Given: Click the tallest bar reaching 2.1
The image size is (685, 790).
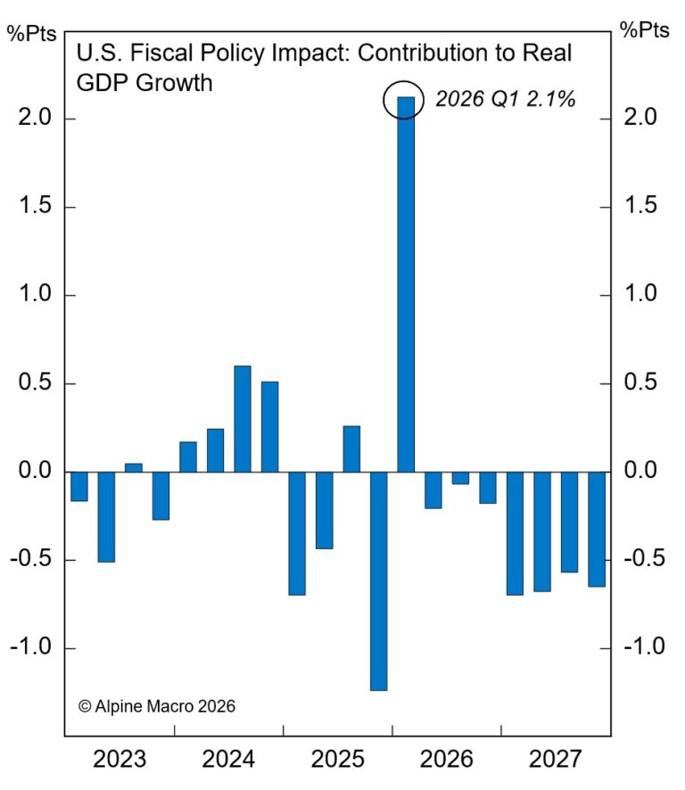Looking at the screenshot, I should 406,285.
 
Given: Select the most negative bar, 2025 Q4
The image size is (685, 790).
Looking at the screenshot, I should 378,580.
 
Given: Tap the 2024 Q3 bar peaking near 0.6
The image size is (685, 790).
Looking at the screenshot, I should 243,419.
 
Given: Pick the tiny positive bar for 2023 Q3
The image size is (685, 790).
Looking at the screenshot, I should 133,467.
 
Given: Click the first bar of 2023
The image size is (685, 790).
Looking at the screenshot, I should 78,487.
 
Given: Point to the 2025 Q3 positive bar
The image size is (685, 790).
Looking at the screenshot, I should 351,448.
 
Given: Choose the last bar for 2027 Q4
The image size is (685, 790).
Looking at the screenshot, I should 597,529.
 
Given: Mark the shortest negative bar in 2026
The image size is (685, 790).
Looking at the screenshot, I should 460,478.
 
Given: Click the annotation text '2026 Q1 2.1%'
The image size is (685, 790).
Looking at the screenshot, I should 505,100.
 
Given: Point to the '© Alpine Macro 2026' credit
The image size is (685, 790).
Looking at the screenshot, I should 157,706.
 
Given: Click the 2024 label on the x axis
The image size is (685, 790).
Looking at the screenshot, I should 228,761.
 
